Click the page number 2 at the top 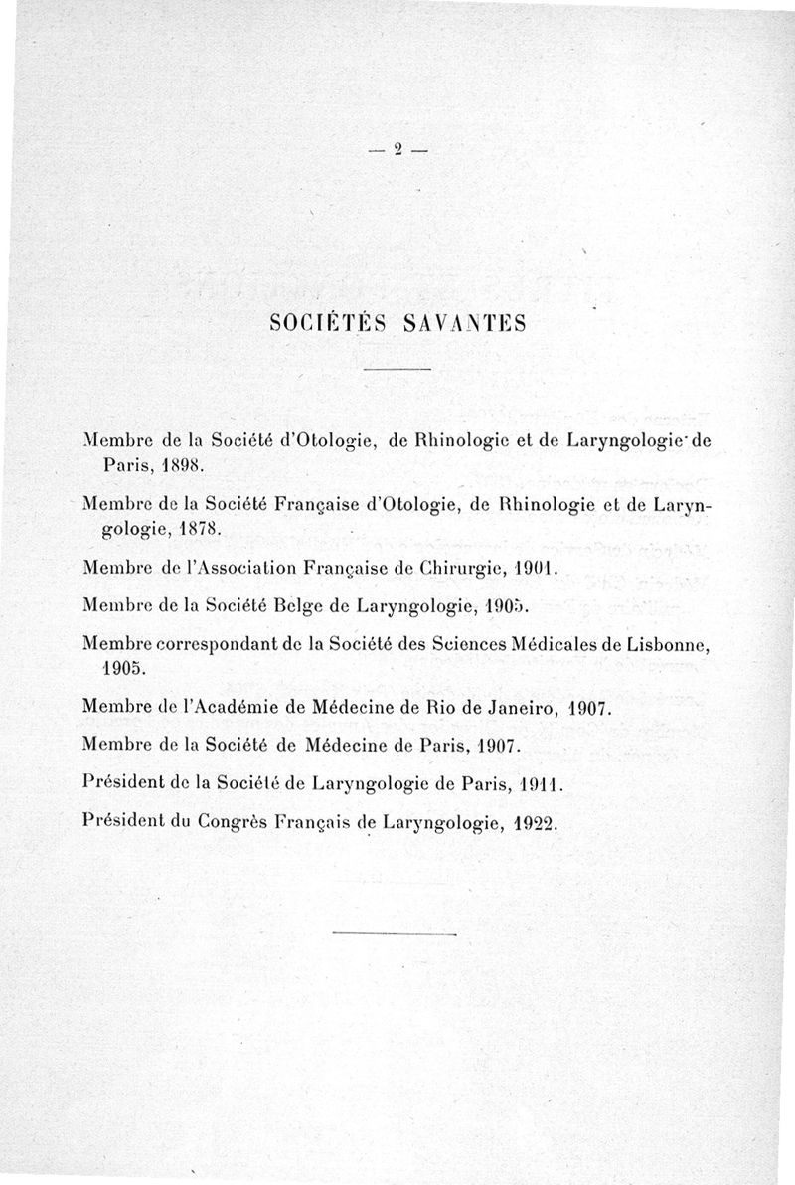click(x=397, y=150)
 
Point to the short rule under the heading click(x=397, y=370)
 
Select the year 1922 click(x=531, y=823)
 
